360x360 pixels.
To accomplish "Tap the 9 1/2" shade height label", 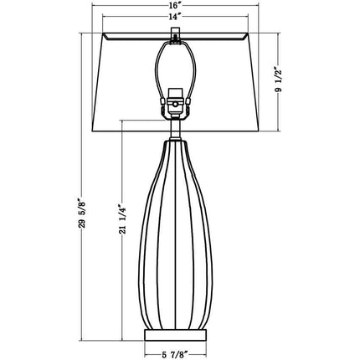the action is pyautogui.click(x=280, y=80).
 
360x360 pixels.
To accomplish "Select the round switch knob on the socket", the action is pyautogui.click(x=175, y=105).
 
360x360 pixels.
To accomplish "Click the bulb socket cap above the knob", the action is pyautogui.click(x=175, y=93).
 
